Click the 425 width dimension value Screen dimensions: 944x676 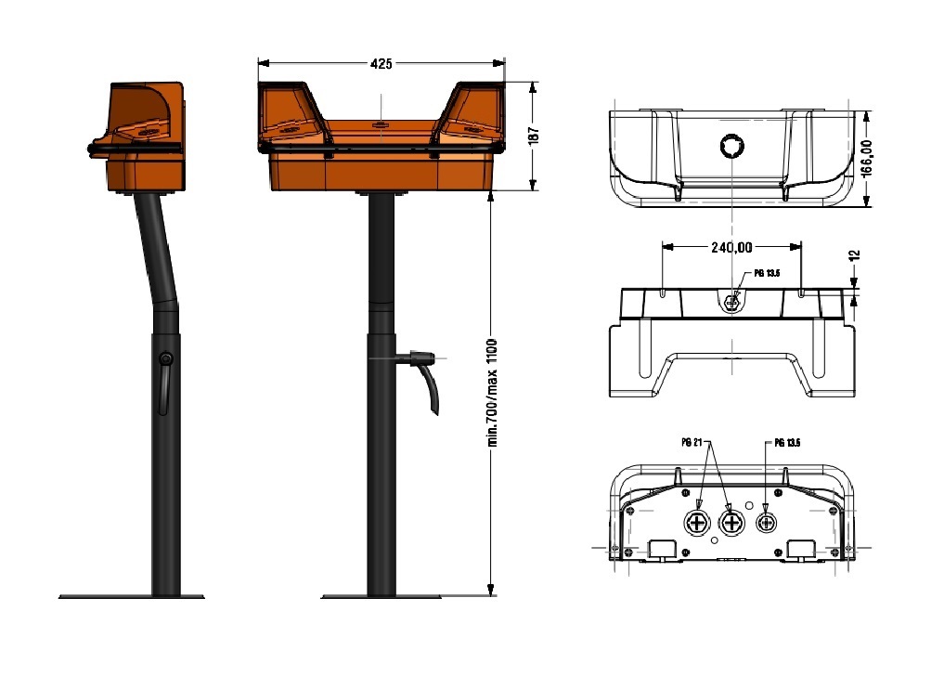pyautogui.click(x=381, y=63)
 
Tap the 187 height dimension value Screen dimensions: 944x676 pyautogui.click(x=534, y=135)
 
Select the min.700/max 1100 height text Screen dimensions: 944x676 pyautogui.click(x=493, y=393)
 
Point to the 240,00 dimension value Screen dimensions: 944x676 pyautogui.click(x=731, y=247)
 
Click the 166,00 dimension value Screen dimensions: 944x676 pyautogui.click(x=866, y=158)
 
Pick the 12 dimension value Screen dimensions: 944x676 pyautogui.click(x=854, y=255)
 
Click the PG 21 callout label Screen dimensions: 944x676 pyautogui.click(x=692, y=442)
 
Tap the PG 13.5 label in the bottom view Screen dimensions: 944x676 pyautogui.click(x=787, y=443)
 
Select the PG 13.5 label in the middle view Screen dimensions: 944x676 pyautogui.click(x=767, y=273)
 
